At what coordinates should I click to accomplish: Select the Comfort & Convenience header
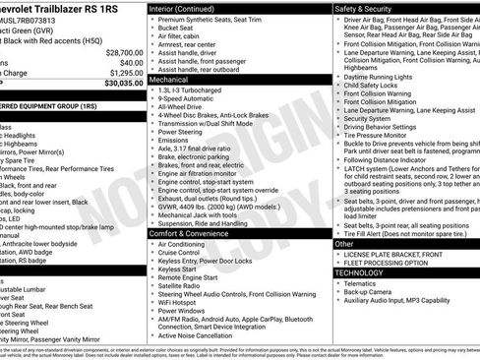tap(195, 233)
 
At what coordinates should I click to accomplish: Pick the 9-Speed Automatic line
tap(189, 100)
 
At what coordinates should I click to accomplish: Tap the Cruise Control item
tap(185, 253)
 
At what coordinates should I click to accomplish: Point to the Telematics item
tap(365, 283)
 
